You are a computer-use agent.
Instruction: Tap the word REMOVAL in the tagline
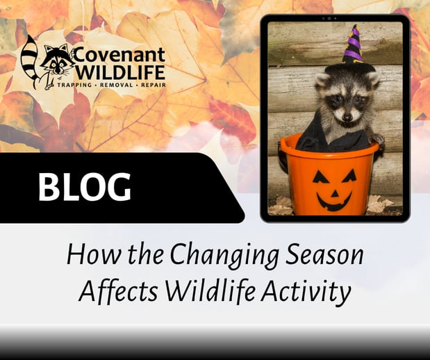pyautogui.click(x=112, y=88)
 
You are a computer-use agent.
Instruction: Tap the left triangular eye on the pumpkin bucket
pyautogui.click(x=321, y=174)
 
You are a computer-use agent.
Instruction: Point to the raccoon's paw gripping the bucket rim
pyautogui.click(x=377, y=138)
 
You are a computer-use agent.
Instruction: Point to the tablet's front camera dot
pyautogui.click(x=335, y=17)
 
